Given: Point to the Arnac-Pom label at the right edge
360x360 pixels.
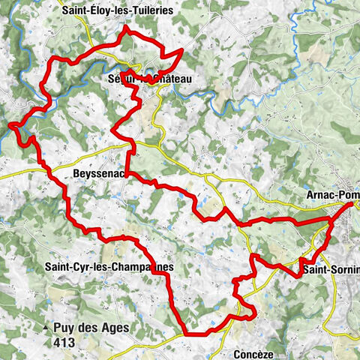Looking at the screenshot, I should pos(333,194).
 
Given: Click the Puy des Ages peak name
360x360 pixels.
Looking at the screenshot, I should pos(91,328).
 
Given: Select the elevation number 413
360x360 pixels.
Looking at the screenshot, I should pos(63,342).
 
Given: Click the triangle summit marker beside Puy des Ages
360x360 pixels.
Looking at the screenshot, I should pos(46,328).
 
